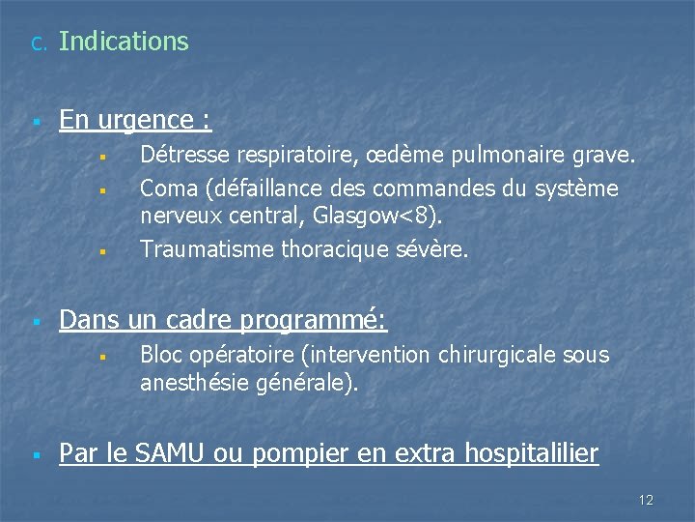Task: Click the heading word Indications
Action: click(124, 42)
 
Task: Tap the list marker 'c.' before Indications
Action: click(37, 43)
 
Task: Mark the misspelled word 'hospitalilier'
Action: click(532, 452)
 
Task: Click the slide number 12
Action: click(646, 500)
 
